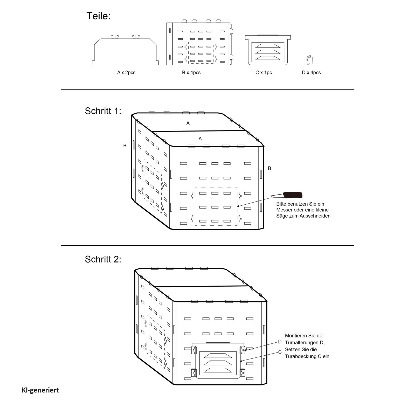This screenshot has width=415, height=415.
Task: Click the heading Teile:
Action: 98,16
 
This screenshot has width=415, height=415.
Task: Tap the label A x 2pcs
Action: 126,73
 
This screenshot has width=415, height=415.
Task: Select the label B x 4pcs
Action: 191,73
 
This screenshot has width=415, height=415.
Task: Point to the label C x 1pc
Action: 264,73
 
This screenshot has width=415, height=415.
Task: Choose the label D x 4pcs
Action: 311,73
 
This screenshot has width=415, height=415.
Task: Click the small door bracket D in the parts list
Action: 309,60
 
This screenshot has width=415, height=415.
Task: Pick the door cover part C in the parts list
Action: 268,50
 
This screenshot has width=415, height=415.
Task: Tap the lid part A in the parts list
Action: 125,50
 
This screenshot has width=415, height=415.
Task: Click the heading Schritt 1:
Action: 103,111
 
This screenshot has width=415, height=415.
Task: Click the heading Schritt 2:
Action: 103,259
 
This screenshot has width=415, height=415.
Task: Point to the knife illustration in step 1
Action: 287,195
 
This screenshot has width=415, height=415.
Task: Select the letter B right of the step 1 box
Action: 269,168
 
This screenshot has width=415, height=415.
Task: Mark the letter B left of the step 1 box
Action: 125,146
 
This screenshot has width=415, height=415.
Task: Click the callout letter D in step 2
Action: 280,342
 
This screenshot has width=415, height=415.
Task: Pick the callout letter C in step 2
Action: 280,352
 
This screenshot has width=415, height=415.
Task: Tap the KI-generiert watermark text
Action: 40,390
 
